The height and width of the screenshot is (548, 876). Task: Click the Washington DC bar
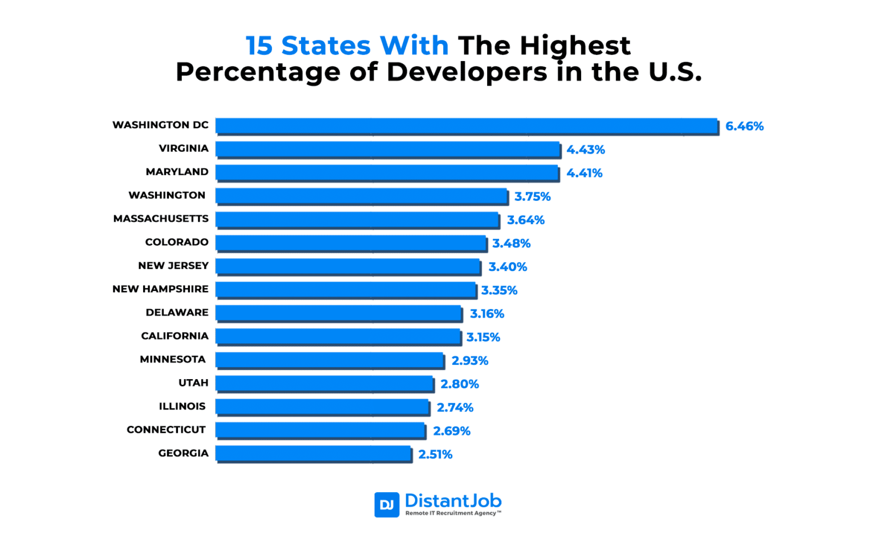coord(466,126)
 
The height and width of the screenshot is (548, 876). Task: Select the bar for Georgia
coord(313,454)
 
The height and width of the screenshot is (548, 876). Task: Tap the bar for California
coord(338,336)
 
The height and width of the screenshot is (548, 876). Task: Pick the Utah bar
coord(324,383)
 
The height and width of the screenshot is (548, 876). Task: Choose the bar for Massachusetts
coord(357,220)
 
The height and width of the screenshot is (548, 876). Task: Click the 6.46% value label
coord(744,127)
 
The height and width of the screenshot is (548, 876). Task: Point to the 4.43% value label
coord(585,150)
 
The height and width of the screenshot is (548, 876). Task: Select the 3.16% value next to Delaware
coord(486,314)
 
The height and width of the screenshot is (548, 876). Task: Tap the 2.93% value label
coord(469,360)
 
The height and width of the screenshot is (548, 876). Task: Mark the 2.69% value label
coord(451,431)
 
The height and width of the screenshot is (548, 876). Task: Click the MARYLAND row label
coord(177,172)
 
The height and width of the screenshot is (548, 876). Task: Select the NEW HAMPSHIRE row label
coord(160,289)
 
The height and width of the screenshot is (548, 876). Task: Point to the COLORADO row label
coord(177,242)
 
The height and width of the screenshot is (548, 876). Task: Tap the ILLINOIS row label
coord(182,407)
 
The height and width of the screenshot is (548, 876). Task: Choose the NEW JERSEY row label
coord(173,266)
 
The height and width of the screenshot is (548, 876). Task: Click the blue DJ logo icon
coord(387,505)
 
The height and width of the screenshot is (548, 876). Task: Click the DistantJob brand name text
coord(453,501)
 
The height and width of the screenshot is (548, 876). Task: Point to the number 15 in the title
coord(259,46)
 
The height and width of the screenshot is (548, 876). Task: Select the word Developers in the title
coord(467,72)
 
